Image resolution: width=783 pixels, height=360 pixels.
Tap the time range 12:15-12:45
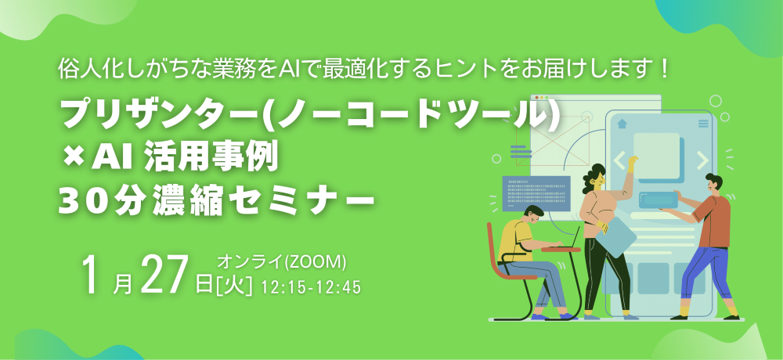pos(312,288)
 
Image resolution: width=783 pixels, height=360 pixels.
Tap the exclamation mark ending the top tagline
pos(664,70)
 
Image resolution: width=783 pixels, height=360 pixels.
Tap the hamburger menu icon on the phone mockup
pos(702,123)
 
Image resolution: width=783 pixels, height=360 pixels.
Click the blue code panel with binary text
pos(536,193)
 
